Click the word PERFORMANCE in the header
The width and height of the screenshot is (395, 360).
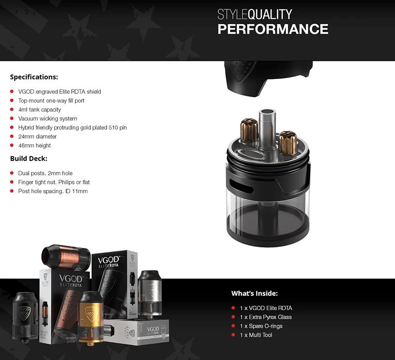pos(273,29)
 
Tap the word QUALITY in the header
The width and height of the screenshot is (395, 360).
pos(270,14)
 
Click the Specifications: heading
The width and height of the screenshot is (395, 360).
pos(34,77)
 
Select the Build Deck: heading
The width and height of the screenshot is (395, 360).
pos(29,159)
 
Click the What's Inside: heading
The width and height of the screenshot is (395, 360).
pos(254,293)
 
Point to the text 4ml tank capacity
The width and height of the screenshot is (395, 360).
pos(39,110)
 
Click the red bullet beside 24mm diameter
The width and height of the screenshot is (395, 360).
pos(12,136)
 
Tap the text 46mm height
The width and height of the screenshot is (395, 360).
pos(35,145)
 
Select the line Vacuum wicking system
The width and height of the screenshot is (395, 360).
pos(47,119)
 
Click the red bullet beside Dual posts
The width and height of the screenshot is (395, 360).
pos(12,173)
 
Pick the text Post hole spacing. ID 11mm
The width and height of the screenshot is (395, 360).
pos(53,191)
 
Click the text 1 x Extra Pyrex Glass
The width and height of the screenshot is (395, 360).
pos(266,317)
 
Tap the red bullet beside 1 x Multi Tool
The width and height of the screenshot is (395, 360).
pos(233,335)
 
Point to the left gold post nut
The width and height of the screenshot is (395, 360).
pos(249,130)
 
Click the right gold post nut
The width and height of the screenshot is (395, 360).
pos(287,143)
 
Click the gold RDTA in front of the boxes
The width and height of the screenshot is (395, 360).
pos(91,317)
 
